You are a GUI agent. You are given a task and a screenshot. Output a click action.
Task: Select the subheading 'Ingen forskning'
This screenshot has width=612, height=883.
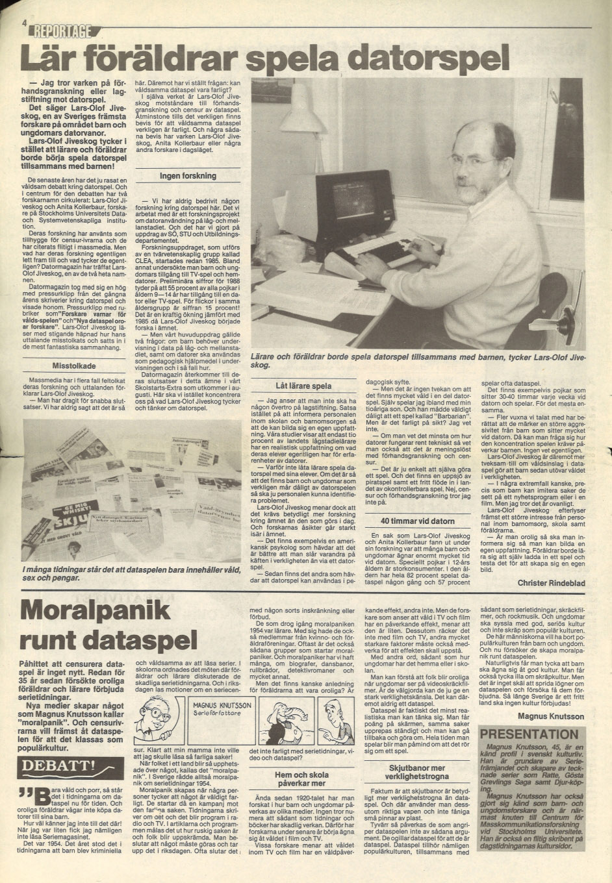[x=188, y=175]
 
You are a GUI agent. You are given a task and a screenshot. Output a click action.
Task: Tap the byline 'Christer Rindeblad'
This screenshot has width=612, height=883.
[x=551, y=583]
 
